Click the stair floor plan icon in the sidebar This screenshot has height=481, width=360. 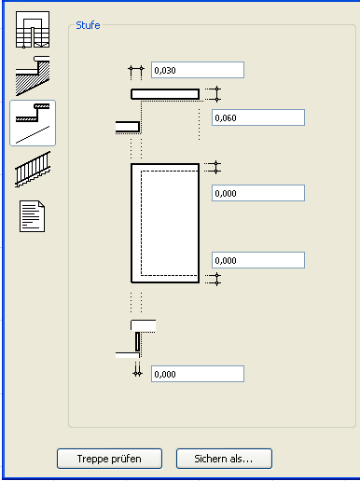pyautogui.click(x=33, y=30)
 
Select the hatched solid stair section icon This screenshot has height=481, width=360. pyautogui.click(x=33, y=76)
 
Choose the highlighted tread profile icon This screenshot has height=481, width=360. pyautogui.click(x=33, y=123)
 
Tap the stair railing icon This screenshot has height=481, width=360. pyautogui.click(x=33, y=170)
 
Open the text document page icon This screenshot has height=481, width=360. pyautogui.click(x=32, y=216)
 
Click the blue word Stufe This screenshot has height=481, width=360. pyautogui.click(x=88, y=25)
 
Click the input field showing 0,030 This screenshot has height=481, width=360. pyautogui.click(x=198, y=70)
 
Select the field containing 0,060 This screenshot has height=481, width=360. pyautogui.click(x=258, y=117)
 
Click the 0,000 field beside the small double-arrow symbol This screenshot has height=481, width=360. pyautogui.click(x=198, y=374)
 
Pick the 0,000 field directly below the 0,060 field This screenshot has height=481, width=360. pyautogui.click(x=258, y=193)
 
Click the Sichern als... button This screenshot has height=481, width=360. pyautogui.click(x=224, y=459)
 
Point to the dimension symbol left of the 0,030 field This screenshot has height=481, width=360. pyautogui.click(x=136, y=72)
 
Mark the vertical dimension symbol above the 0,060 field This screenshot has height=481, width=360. pyautogui.click(x=214, y=94)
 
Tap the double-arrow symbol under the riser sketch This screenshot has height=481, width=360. pyautogui.click(x=137, y=369)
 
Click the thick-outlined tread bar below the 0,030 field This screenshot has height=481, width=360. pyautogui.click(x=165, y=94)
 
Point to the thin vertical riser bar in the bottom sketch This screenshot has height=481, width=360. pyautogui.click(x=137, y=341)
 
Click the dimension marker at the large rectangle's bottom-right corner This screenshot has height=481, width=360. pyautogui.click(x=214, y=279)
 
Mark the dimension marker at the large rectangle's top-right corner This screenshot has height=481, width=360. pyautogui.click(x=214, y=167)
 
